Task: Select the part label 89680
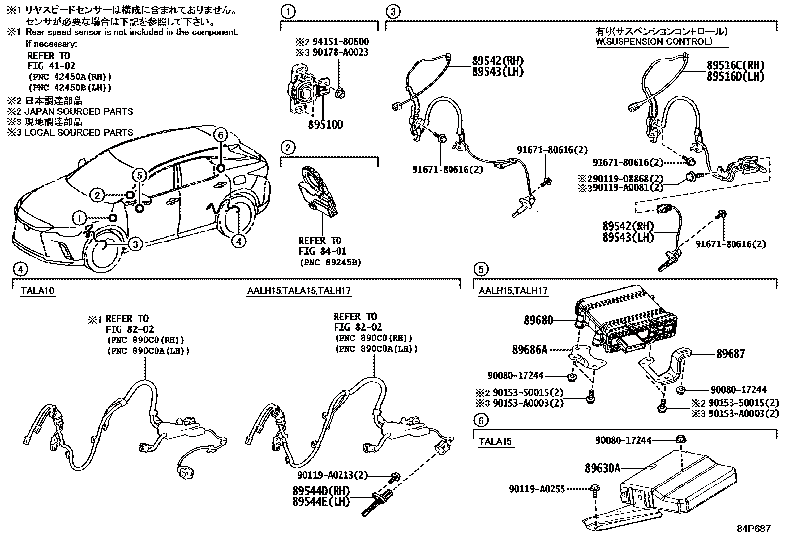point(538,320)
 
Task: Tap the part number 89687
point(731,354)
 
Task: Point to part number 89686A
point(530,350)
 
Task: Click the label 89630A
point(602,468)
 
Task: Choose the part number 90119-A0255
point(537,489)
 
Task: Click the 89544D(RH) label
point(321,491)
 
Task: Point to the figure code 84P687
point(754,529)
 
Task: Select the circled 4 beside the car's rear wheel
point(239,241)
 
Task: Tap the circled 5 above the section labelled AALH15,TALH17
point(481,269)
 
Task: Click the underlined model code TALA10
point(38,291)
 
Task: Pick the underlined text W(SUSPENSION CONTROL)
point(654,41)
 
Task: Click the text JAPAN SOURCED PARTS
point(79,112)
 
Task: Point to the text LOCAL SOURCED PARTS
point(79,132)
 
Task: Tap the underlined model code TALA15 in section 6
point(495,442)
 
